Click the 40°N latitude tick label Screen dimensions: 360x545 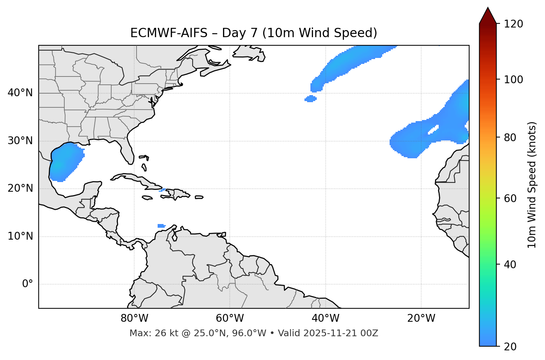pos(20,93)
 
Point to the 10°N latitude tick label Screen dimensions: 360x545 pos(20,236)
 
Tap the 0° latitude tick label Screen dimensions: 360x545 pos(28,284)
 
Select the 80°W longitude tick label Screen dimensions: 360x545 pos(134,318)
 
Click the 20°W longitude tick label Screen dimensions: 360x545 pos(421,318)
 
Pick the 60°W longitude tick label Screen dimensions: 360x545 pos(230,318)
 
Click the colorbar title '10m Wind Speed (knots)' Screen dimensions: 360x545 pos(532,185)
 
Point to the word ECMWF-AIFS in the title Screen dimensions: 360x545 pos(169,33)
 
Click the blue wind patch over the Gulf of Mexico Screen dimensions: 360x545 pos(65,162)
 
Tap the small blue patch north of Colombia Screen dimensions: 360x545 pos(161,226)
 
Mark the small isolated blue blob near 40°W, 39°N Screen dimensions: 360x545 pos(310,99)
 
